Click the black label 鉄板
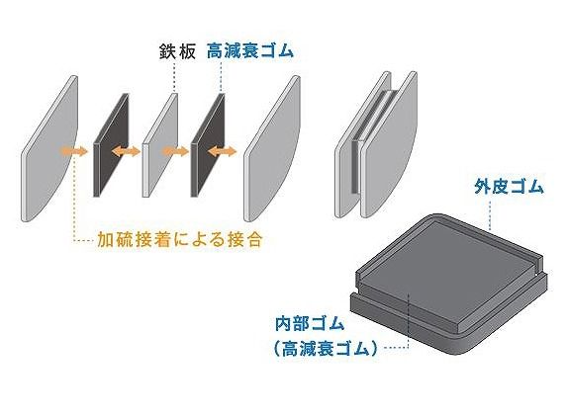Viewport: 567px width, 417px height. click(177, 52)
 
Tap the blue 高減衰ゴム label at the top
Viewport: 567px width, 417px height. click(250, 51)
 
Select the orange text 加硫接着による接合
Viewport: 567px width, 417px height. click(179, 240)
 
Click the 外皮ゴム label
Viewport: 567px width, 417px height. click(509, 187)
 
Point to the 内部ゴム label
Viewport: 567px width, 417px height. click(310, 324)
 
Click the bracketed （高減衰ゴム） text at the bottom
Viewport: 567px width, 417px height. click(326, 349)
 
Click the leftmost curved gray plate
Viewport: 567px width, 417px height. click(49, 148)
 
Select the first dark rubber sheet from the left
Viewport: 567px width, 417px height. click(112, 145)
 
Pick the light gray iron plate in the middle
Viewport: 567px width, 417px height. click(160, 145)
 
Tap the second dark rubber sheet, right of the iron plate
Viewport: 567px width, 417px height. click(208, 145)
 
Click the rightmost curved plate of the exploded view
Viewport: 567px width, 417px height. click(272, 148)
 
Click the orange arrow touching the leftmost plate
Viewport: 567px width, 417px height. click(74, 151)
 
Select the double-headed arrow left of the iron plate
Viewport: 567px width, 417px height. click(126, 151)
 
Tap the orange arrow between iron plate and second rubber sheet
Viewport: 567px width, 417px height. click(175, 151)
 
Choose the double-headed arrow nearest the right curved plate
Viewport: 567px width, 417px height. click(223, 151)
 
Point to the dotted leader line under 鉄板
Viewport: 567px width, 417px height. click(175, 77)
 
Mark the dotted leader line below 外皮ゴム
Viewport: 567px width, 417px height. click(490, 215)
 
